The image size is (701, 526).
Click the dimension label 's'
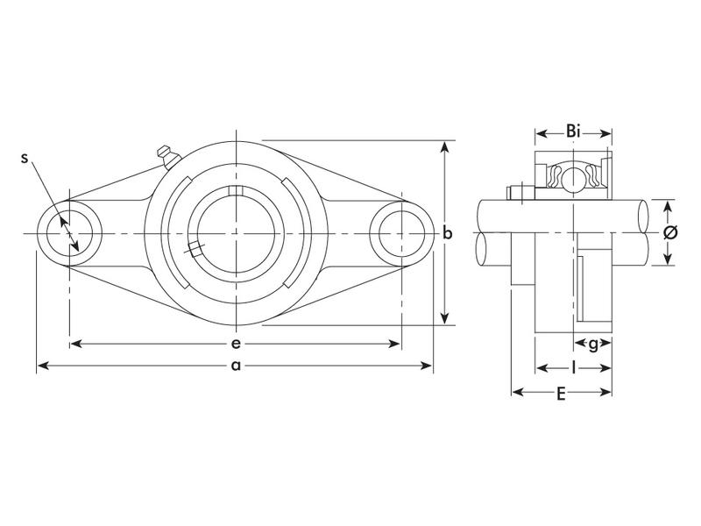tap(25, 158)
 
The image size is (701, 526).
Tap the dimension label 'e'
tap(236, 343)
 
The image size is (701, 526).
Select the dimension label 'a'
tap(235, 366)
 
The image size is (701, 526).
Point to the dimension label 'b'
tap(447, 233)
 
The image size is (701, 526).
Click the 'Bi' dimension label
tap(573, 131)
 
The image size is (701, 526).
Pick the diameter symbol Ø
tap(670, 233)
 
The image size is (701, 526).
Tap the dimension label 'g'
tap(593, 344)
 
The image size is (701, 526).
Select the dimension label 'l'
tap(573, 368)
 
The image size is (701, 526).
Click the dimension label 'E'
tap(561, 393)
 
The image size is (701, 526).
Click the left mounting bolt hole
tap(70, 233)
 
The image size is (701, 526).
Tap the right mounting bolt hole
tap(400, 233)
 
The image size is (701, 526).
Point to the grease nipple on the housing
tap(165, 155)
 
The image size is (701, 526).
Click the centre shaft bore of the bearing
tap(235, 233)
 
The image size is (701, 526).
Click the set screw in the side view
tap(516, 192)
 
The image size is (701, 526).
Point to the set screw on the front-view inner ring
tap(194, 249)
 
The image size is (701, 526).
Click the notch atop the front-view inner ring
tap(235, 192)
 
